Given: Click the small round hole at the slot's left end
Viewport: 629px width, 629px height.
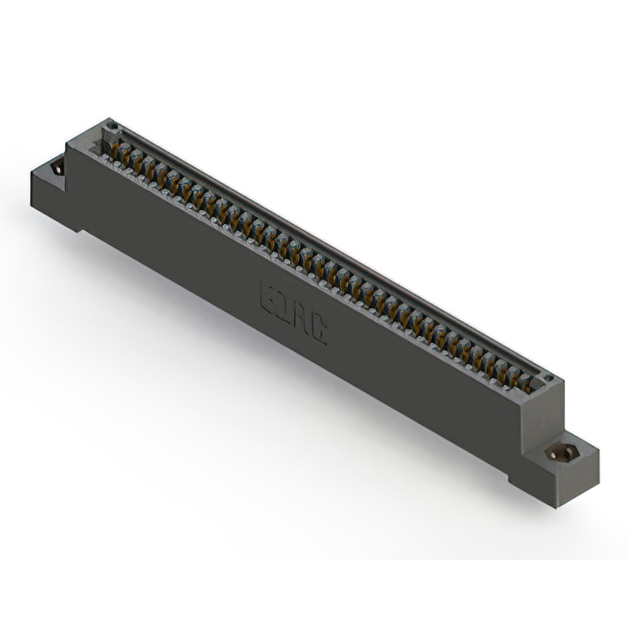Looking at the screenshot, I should pyautogui.click(x=111, y=127).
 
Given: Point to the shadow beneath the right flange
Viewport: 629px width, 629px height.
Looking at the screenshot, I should pyautogui.click(x=580, y=496).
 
